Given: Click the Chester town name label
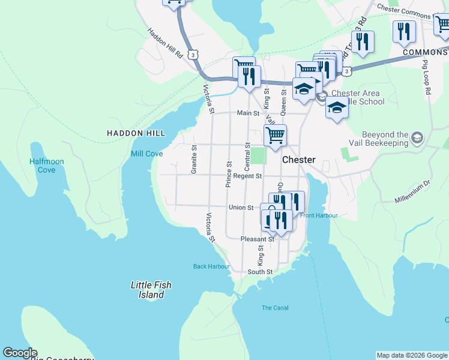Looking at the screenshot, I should pos(298,160).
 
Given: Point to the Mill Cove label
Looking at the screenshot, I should pos(147,154).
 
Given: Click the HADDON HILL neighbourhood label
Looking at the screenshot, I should pos(134,133).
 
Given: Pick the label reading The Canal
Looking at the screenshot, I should pos(275,308).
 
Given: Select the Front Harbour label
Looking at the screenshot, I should pos(319,215).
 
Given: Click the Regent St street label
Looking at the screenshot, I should pos(248,176).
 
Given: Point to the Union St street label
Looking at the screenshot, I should pos(241,208).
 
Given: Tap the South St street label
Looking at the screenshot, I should pos(261,272).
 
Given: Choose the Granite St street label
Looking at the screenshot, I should pos(194,160).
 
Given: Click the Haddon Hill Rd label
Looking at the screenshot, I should pos(165,43).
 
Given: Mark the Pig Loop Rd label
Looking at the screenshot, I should pos(427,76).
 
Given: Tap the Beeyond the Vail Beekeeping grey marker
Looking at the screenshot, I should pos(416,139).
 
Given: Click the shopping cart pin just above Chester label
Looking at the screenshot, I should pos(275,136).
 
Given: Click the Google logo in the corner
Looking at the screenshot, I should pos(20,353).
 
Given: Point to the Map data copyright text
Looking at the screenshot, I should pos(411,355).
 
